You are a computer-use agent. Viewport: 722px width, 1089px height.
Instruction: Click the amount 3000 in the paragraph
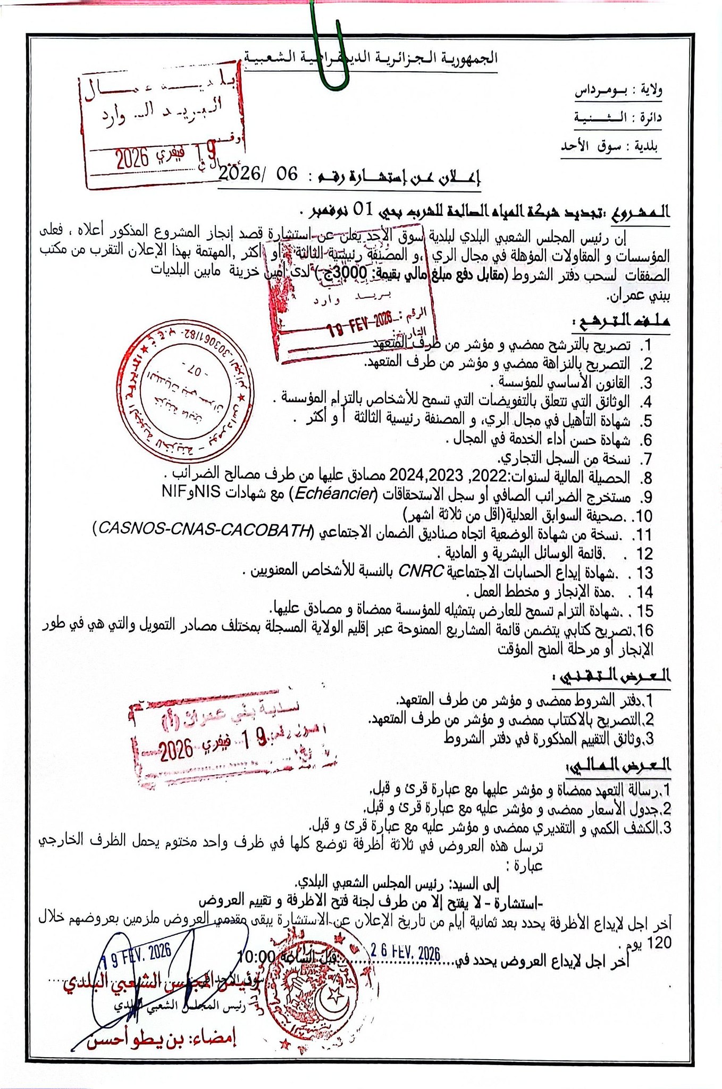click(x=357, y=274)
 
